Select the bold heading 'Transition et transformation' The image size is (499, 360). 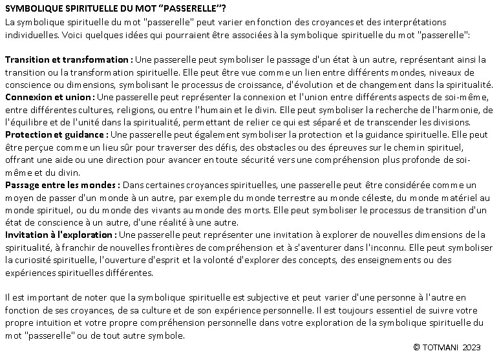pos(68,59)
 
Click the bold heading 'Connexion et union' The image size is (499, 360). pos(49,97)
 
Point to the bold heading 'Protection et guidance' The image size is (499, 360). pos(56,134)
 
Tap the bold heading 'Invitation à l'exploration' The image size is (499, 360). pos(61,235)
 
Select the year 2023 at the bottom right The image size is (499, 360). pos(472,348)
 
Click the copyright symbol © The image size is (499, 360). pos(417,348)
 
